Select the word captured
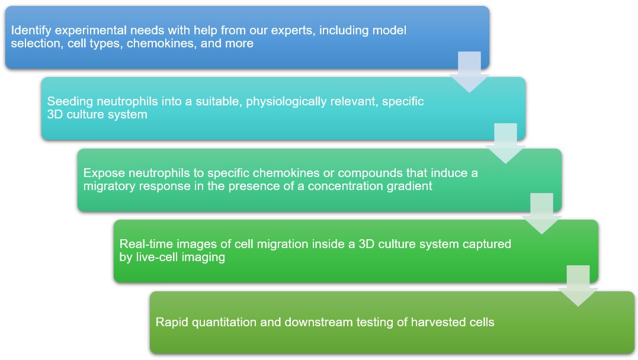pyautogui.click(x=489, y=244)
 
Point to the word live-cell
pyautogui.click(x=158, y=257)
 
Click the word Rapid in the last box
pyautogui.click(x=172, y=322)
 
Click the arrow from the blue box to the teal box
pyautogui.click(x=469, y=71)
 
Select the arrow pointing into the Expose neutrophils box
pyautogui.click(x=505, y=143)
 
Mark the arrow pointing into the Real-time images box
pyautogui.click(x=541, y=214)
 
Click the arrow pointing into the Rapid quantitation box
pyautogui.click(x=578, y=285)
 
